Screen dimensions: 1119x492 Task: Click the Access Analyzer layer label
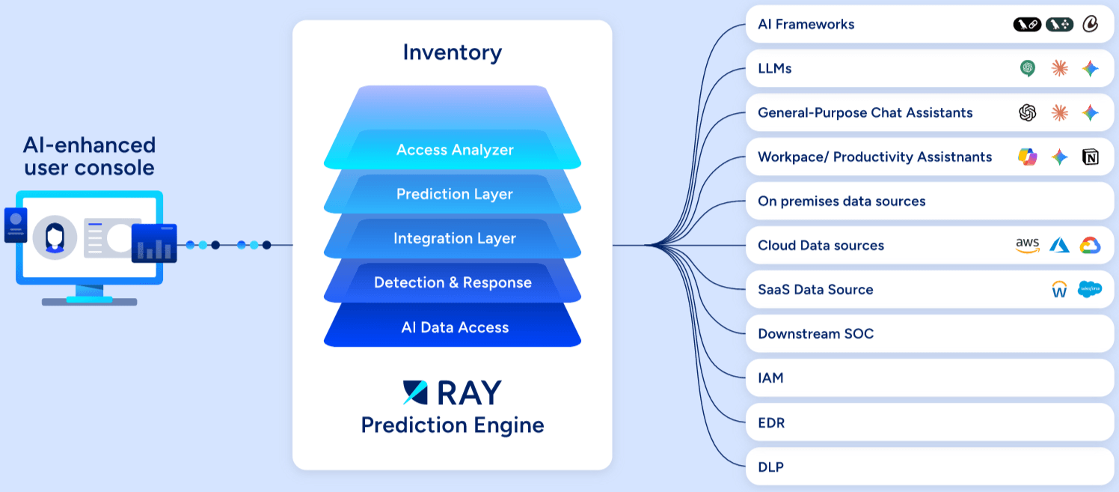(x=455, y=150)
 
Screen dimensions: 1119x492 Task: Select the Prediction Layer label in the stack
(x=455, y=194)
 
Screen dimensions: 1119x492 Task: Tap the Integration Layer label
(x=455, y=238)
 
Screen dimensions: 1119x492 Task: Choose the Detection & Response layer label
(x=453, y=282)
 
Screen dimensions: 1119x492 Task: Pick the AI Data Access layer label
(x=455, y=327)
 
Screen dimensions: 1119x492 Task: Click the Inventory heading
(x=452, y=52)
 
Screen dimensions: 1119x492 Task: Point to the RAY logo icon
(x=415, y=392)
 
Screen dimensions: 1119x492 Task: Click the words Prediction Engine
(x=452, y=425)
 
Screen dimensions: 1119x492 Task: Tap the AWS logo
(x=1028, y=246)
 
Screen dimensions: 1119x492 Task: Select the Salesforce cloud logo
(x=1090, y=289)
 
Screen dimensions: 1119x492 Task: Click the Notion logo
(x=1091, y=157)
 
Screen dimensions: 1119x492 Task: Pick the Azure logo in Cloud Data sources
(x=1059, y=245)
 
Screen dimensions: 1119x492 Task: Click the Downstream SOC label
(x=816, y=333)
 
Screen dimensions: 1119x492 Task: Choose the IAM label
(x=770, y=378)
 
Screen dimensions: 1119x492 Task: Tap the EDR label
(x=771, y=423)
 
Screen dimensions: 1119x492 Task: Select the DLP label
(x=771, y=467)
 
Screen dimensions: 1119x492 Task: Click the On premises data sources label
(x=841, y=201)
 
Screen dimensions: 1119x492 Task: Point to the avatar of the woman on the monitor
(x=55, y=237)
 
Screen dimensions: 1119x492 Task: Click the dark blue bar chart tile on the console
(x=154, y=243)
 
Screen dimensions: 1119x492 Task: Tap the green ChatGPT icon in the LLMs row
(x=1028, y=68)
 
